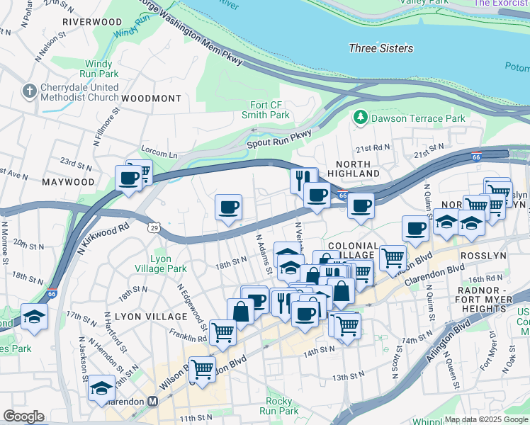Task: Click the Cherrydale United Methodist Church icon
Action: click(29, 91)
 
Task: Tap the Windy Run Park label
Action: click(98, 69)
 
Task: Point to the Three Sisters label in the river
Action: click(382, 48)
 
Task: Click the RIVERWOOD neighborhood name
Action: click(92, 22)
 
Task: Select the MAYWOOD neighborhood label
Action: click(68, 182)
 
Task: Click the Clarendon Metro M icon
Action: click(152, 402)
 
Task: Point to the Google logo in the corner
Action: click(23, 416)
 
